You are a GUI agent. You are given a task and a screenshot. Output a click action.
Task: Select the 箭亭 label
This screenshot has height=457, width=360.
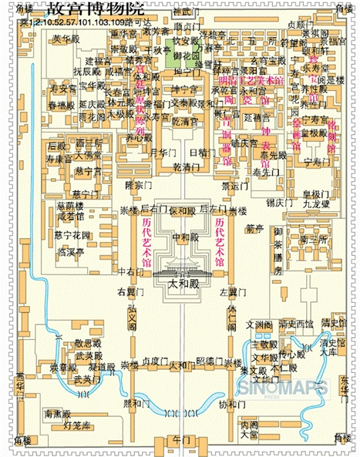click(x=254, y=228)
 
